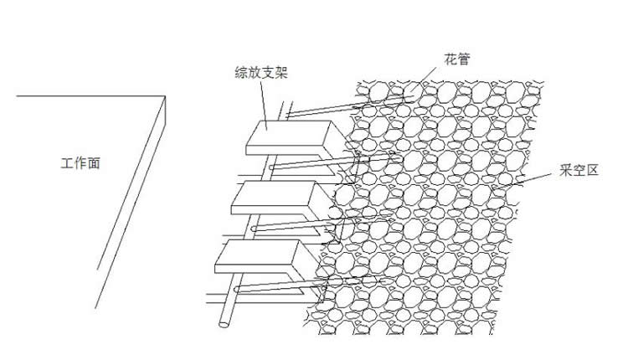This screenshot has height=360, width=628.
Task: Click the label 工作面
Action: tap(81, 165)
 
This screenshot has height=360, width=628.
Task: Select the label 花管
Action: tap(457, 59)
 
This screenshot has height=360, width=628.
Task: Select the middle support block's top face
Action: tap(274, 194)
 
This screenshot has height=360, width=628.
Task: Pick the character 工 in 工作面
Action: tap(68, 165)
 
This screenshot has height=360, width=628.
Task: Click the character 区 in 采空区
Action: tap(595, 171)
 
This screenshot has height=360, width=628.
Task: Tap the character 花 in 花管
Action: tap(450, 59)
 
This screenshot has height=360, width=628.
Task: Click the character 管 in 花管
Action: tap(465, 59)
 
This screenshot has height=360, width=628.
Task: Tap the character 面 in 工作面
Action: tap(95, 165)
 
